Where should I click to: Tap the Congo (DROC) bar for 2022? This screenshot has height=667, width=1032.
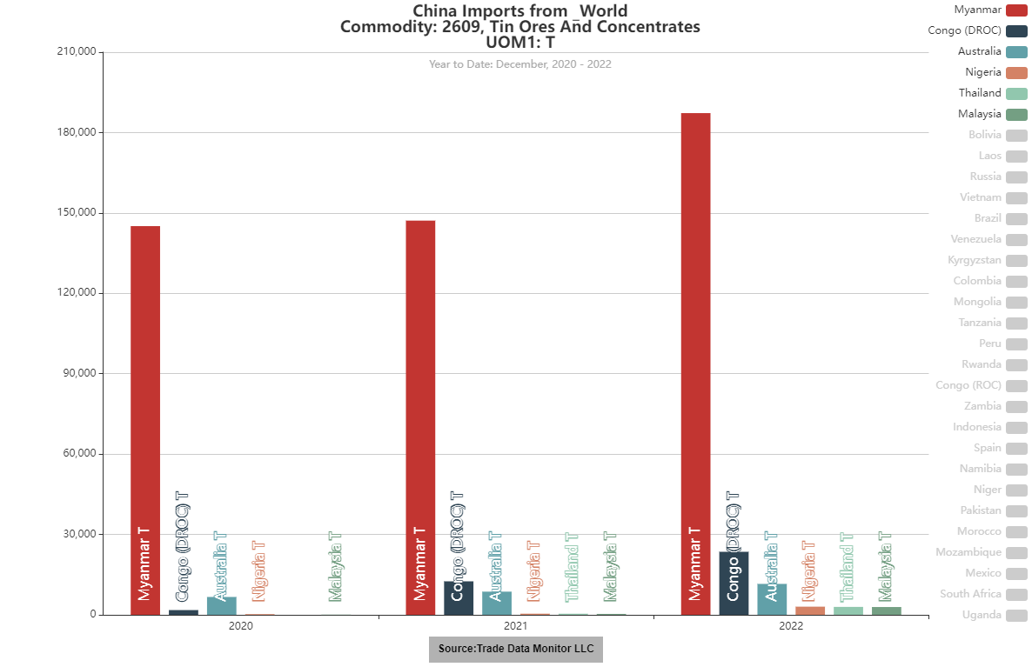(x=734, y=583)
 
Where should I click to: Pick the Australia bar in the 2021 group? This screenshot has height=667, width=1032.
(x=497, y=603)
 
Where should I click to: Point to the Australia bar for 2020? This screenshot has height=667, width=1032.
(x=222, y=605)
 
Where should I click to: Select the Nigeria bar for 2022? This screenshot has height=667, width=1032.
(x=810, y=610)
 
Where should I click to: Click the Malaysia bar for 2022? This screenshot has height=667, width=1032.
(x=887, y=610)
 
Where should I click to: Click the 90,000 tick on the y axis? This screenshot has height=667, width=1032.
(x=77, y=374)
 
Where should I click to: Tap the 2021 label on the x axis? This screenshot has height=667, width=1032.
(x=515, y=626)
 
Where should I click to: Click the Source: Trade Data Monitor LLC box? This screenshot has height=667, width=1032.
(x=516, y=650)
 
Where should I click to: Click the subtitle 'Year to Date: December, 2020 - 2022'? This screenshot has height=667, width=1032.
(x=519, y=63)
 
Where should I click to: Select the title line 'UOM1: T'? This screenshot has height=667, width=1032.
(x=519, y=42)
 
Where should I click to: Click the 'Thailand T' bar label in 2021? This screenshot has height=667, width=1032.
(x=573, y=567)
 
